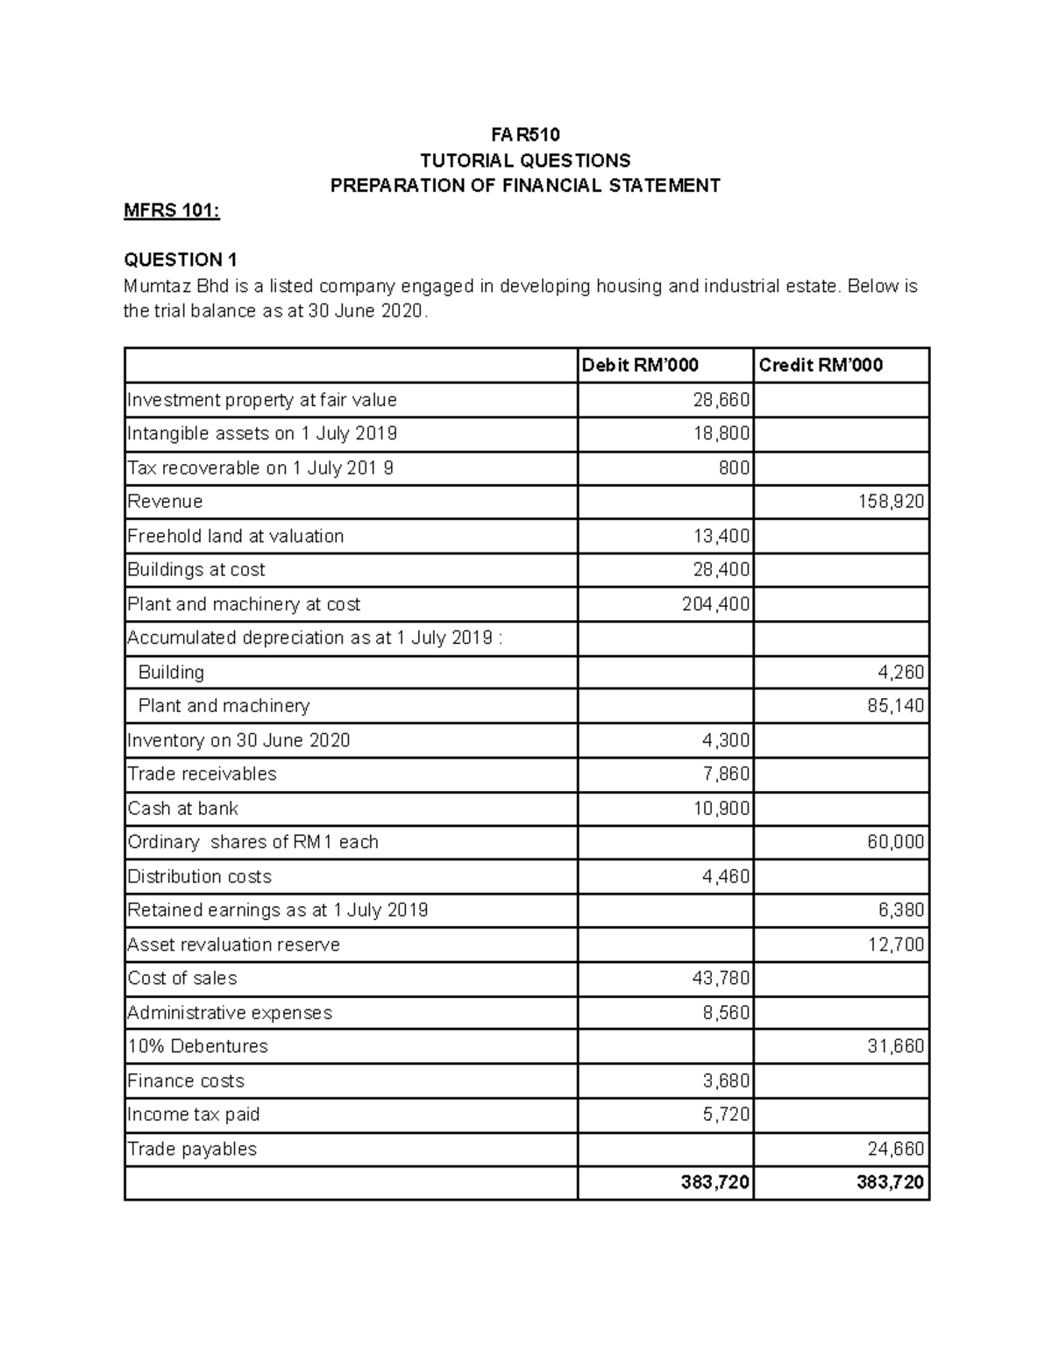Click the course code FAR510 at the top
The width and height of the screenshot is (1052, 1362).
pyautogui.click(x=524, y=134)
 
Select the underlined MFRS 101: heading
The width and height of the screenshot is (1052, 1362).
pyautogui.click(x=171, y=210)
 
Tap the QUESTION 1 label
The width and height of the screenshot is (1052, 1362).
pyautogui.click(x=181, y=260)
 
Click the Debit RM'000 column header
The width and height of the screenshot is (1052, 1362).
pyautogui.click(x=640, y=365)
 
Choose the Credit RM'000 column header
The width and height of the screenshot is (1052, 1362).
pyautogui.click(x=821, y=365)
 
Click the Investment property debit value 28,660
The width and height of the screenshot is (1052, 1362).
pyautogui.click(x=721, y=400)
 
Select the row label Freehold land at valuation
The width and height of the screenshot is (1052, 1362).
pyautogui.click(x=236, y=536)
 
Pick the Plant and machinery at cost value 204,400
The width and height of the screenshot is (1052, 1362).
pyautogui.click(x=716, y=604)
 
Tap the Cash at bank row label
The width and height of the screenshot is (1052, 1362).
pyautogui.click(x=183, y=809)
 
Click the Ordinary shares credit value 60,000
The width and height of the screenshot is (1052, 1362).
pyautogui.click(x=895, y=842)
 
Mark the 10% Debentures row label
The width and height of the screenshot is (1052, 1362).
pyautogui.click(x=198, y=1046)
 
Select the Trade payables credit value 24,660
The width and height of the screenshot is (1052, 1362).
pyautogui.click(x=895, y=1149)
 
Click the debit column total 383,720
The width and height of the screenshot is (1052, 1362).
pyautogui.click(x=715, y=1182)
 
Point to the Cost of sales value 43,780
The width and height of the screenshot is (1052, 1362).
pyautogui.click(x=721, y=978)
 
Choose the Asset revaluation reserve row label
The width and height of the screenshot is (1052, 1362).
pyautogui.click(x=234, y=945)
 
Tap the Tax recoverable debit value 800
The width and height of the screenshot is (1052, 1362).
pyautogui.click(x=734, y=468)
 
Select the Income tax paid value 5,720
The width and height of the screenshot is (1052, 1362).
pyautogui.click(x=726, y=1115)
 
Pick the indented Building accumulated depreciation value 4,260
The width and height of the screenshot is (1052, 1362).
pyautogui.click(x=900, y=673)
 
